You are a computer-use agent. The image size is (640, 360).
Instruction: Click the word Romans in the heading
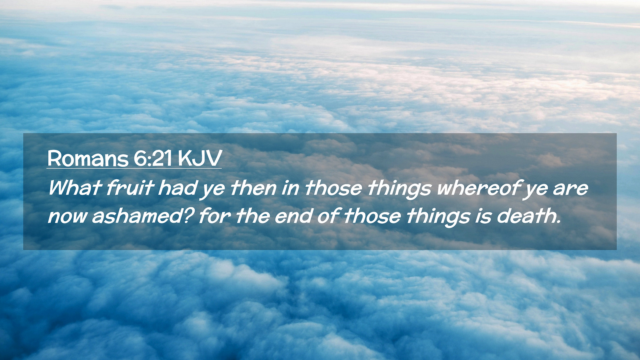coord(88,158)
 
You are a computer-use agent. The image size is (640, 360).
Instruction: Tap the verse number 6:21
coord(153,158)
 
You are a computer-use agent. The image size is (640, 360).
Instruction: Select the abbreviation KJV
coord(200,158)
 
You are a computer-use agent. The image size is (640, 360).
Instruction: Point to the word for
coord(214,216)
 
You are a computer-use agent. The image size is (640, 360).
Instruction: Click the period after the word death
coord(558,222)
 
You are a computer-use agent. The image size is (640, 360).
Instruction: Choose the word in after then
coord(290,188)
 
